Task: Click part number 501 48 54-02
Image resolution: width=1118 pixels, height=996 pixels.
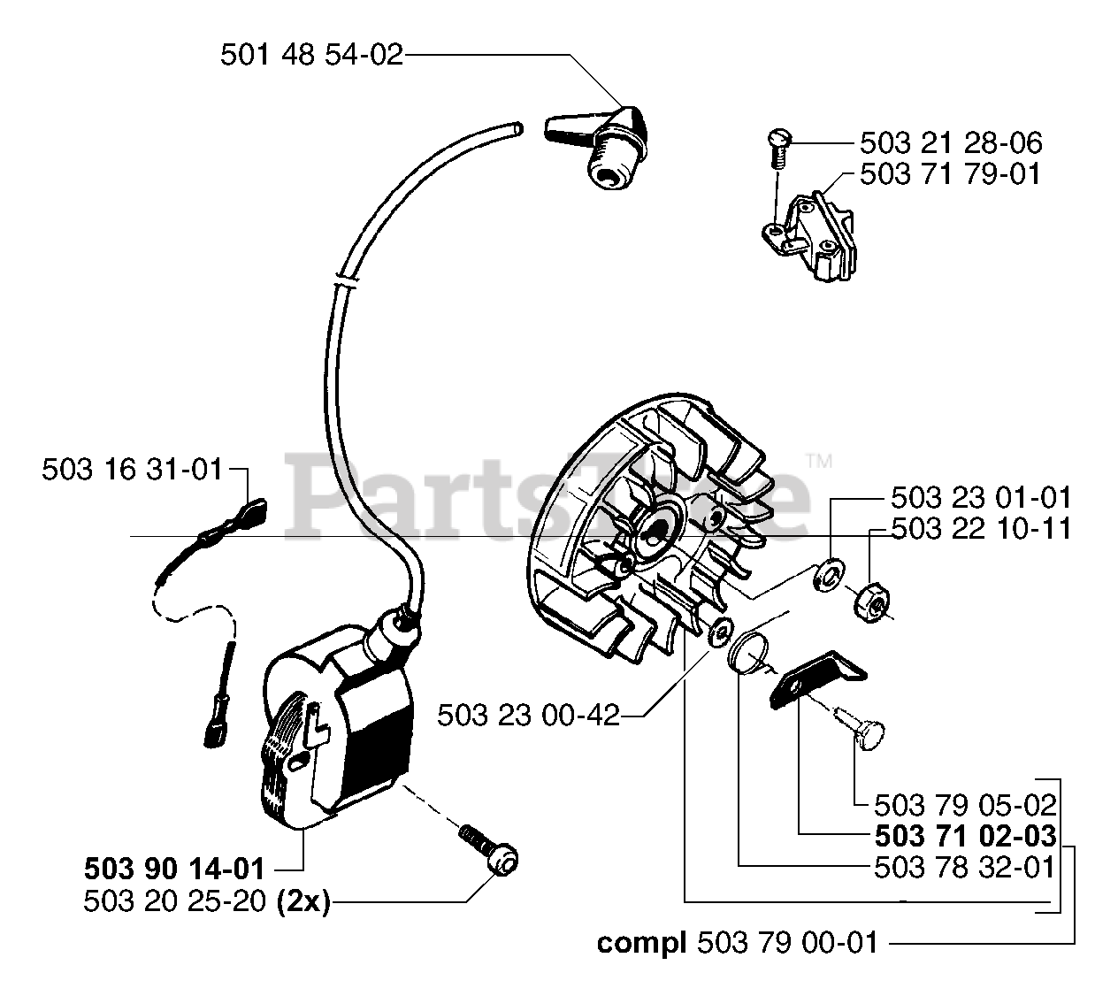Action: [311, 57]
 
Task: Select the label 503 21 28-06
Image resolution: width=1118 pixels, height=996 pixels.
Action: [950, 143]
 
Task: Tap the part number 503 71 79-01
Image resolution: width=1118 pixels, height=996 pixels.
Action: [950, 174]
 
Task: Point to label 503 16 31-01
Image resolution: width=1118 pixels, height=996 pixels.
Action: [133, 470]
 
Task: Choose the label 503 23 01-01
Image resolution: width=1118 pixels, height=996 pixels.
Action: [981, 497]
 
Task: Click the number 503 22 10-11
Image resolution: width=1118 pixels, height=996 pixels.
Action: [981, 529]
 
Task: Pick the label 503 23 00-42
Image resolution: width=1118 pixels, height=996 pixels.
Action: [528, 715]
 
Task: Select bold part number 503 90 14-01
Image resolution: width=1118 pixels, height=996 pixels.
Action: [174, 866]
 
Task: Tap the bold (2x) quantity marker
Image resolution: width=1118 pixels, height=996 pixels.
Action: [302, 902]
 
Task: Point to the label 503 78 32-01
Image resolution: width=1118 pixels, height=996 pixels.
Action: [964, 868]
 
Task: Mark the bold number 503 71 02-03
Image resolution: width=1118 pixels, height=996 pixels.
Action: [964, 836]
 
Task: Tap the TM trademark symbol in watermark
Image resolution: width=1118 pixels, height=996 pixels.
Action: [819, 461]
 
